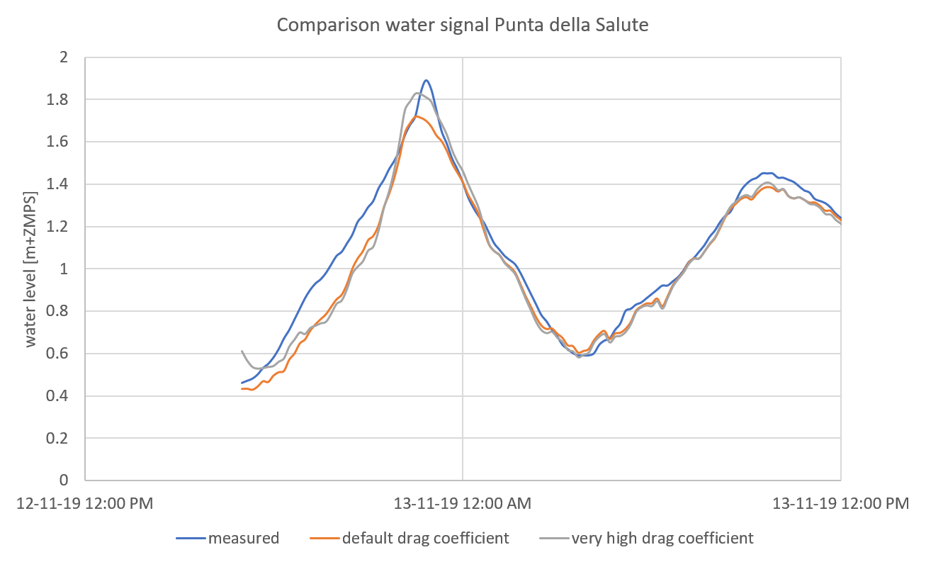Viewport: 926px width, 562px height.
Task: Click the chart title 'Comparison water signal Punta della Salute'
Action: (463, 25)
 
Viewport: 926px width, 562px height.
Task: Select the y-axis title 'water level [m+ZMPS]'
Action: (31, 269)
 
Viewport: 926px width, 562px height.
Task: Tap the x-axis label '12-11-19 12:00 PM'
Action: (84, 505)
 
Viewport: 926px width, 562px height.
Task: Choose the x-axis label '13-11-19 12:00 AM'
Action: (463, 505)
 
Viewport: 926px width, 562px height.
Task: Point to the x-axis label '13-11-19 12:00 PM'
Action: (840, 505)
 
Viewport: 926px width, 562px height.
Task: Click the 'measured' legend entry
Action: (243, 539)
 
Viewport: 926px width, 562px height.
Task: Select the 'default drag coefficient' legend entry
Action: (425, 539)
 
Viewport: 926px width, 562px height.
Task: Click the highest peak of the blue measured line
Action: (427, 80)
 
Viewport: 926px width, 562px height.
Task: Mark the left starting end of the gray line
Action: (242, 351)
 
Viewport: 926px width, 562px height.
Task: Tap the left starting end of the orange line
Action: (242, 388)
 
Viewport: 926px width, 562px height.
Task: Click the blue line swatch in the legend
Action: (190, 539)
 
